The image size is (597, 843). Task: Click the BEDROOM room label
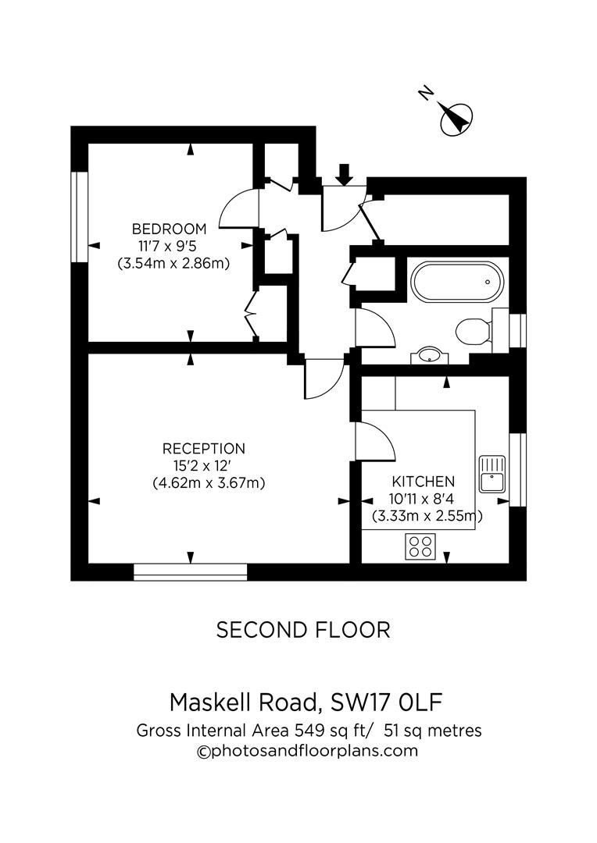tap(169, 229)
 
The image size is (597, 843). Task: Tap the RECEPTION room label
tap(203, 449)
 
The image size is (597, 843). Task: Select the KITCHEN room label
tap(424, 482)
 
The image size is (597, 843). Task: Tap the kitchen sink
tap(493, 473)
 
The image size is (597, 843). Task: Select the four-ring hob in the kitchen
tap(420, 546)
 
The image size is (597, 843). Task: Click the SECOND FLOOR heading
tap(302, 630)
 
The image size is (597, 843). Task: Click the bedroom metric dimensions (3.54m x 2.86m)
tap(173, 263)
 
